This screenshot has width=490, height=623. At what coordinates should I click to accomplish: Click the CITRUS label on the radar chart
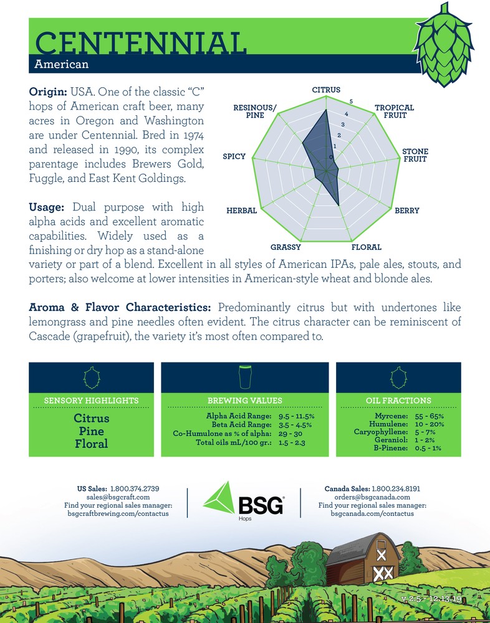pos(326,90)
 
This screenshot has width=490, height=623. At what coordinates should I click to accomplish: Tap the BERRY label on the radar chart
pos(406,211)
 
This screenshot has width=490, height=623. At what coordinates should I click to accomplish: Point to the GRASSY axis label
pos(286,247)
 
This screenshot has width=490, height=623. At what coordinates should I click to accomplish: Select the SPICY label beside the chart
pos(234,156)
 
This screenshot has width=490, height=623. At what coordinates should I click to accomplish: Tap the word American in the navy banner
pos(62,64)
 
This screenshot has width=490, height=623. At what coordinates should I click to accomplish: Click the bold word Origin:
pos(48,92)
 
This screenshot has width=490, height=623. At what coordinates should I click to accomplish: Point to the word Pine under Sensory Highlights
pos(91,431)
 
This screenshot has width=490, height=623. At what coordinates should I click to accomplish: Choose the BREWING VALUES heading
pos(245,401)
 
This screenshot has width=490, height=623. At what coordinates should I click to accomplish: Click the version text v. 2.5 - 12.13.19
pos(440,599)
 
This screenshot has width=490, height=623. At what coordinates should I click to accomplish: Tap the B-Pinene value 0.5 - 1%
pos(428,447)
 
